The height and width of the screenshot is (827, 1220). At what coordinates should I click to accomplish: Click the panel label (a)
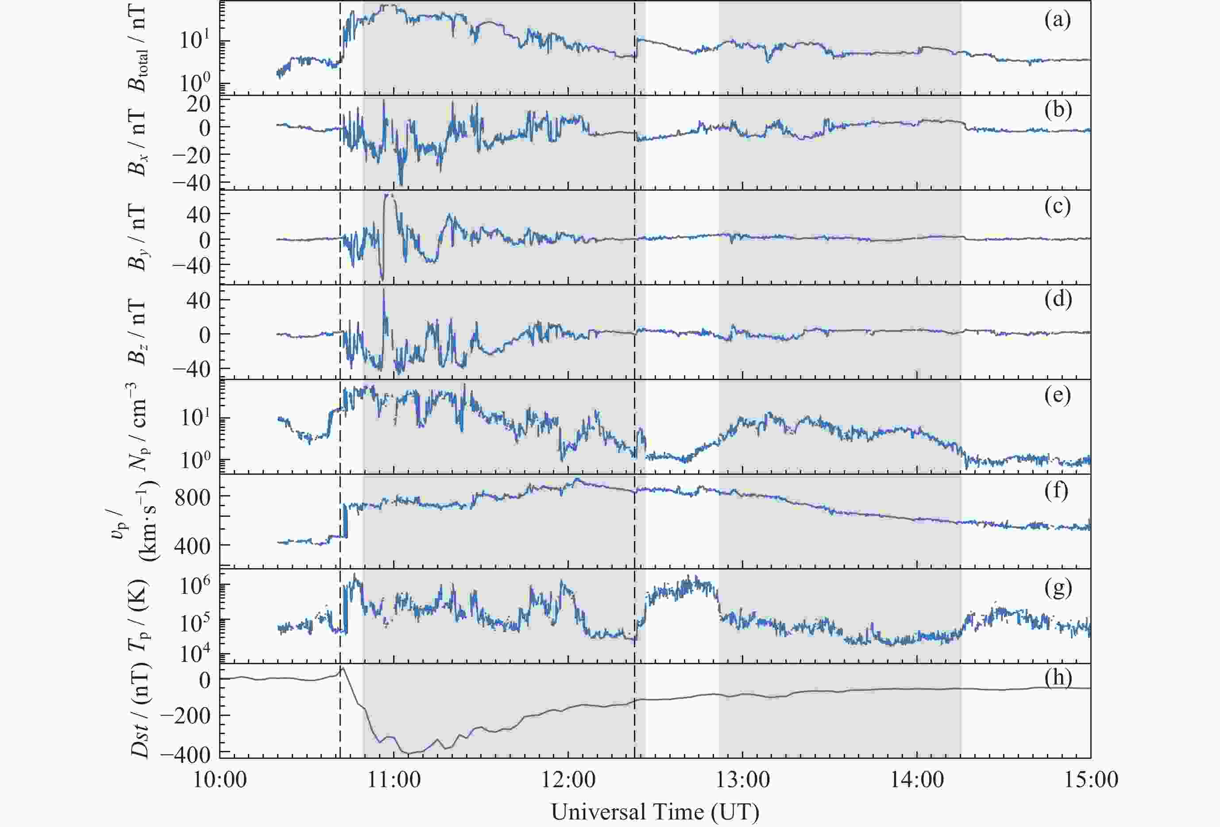click(1057, 20)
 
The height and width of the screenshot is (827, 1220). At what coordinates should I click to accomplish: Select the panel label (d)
click(1057, 299)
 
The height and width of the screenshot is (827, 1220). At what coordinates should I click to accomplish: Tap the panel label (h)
click(1057, 677)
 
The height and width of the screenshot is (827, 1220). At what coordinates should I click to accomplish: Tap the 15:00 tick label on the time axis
click(1090, 780)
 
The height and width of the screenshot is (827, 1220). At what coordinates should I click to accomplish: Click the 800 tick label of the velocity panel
click(192, 497)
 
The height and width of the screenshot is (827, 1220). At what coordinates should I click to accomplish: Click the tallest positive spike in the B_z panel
click(384, 290)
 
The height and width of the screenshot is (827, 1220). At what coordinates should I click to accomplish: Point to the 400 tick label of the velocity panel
click(192, 546)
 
